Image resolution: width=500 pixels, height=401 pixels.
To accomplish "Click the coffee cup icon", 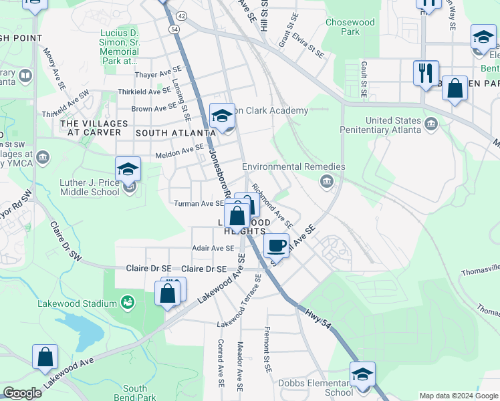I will (277, 245).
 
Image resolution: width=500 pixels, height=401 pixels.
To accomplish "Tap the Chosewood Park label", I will (350, 27).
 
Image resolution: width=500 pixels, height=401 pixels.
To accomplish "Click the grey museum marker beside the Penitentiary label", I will (431, 124).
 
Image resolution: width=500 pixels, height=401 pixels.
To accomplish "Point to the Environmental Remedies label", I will (293, 166).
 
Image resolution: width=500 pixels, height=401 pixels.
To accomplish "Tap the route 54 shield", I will (174, 29).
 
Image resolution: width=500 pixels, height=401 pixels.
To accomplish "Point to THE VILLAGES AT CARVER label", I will (90, 128).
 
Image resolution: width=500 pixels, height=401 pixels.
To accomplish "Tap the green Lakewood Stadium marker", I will (127, 304).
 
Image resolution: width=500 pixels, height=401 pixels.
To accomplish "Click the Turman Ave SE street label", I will (199, 203).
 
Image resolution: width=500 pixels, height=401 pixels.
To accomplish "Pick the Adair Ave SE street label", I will (213, 247).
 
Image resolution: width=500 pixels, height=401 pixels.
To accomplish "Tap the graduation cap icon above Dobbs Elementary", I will (362, 374).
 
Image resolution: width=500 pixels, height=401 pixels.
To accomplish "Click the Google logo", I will (22, 393).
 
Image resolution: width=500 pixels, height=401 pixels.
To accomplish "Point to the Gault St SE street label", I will (364, 78).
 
